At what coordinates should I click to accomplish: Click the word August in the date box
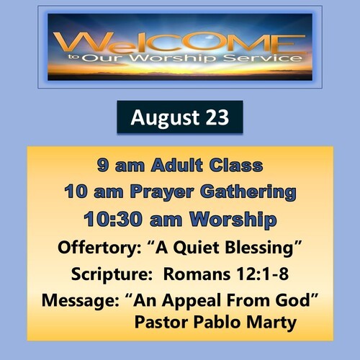click(x=165, y=118)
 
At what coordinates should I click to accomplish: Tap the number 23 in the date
click(x=217, y=117)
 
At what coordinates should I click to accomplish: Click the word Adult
click(x=177, y=166)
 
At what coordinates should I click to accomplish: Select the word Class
click(x=236, y=166)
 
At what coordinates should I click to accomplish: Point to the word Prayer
click(x=162, y=192)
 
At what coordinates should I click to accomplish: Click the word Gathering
click(x=248, y=192)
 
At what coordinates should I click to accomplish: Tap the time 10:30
click(x=113, y=220)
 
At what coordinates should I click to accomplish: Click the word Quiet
click(x=196, y=248)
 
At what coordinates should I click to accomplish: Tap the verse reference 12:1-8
click(x=262, y=274)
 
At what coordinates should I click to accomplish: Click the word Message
click(x=81, y=301)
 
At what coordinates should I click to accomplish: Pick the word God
click(x=297, y=300)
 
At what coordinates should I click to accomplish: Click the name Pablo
click(x=217, y=322)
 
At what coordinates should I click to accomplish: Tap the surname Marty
click(x=271, y=323)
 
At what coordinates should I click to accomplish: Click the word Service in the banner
click(x=263, y=58)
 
